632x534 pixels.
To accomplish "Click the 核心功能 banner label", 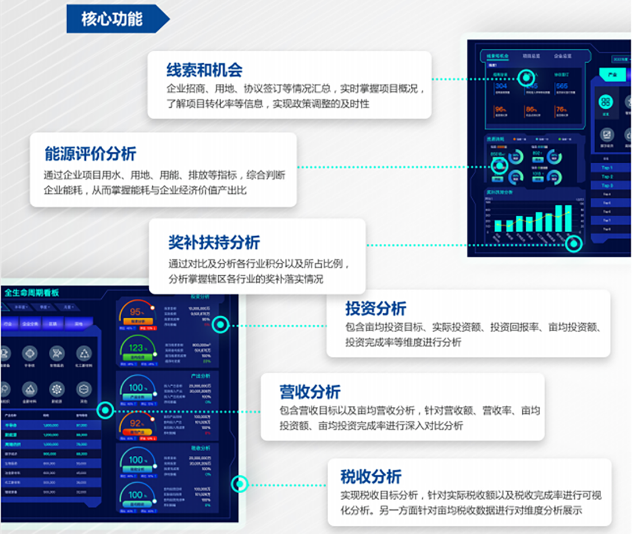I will pyautogui.click(x=111, y=19).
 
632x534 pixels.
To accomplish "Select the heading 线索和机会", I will pyautogui.click(x=204, y=70).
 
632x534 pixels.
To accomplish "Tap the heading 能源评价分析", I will pyautogui.click(x=90, y=153).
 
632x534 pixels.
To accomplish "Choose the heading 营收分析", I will pyautogui.click(x=310, y=392).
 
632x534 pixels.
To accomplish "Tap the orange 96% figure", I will pyautogui.click(x=500, y=109).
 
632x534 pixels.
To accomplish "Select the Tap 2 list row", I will pyautogui.click(x=607, y=176).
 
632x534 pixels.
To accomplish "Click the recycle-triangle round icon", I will pyautogui.click(x=84, y=354).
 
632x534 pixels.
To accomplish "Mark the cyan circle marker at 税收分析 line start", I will pyautogui.click(x=239, y=484).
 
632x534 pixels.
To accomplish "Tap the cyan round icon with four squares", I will pyautogui.click(x=605, y=102).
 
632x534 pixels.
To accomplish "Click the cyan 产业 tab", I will pyautogui.click(x=611, y=75).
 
